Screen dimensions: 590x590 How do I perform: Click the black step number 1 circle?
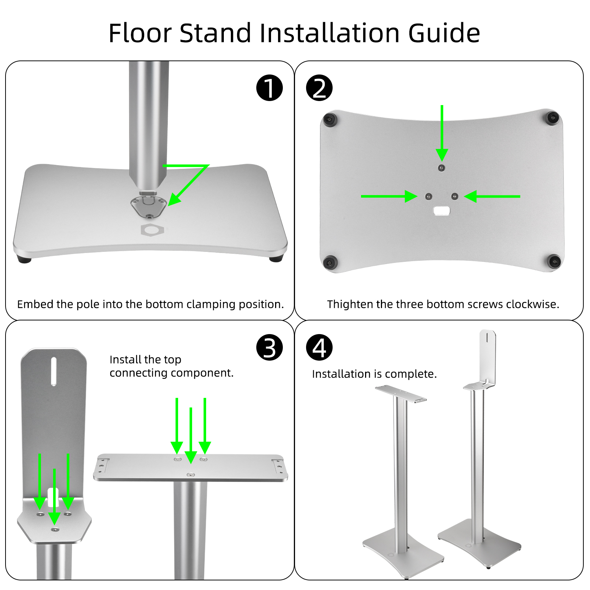(x=270, y=88)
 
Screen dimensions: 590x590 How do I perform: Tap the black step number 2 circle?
(x=319, y=88)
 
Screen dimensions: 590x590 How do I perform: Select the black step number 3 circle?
(x=270, y=347)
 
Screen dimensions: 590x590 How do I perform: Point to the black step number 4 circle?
(x=319, y=347)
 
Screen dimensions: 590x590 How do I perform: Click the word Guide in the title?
(x=444, y=33)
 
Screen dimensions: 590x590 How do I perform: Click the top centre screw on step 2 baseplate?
(x=441, y=168)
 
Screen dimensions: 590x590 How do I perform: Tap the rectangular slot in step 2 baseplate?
(x=441, y=211)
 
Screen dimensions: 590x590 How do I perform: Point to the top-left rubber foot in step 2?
(x=330, y=119)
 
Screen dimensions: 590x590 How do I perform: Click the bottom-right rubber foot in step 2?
(x=554, y=261)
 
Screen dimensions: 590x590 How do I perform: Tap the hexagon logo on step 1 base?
(x=152, y=230)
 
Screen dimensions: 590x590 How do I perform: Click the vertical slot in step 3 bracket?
(x=54, y=371)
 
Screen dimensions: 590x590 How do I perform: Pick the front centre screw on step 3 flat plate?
(x=190, y=475)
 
